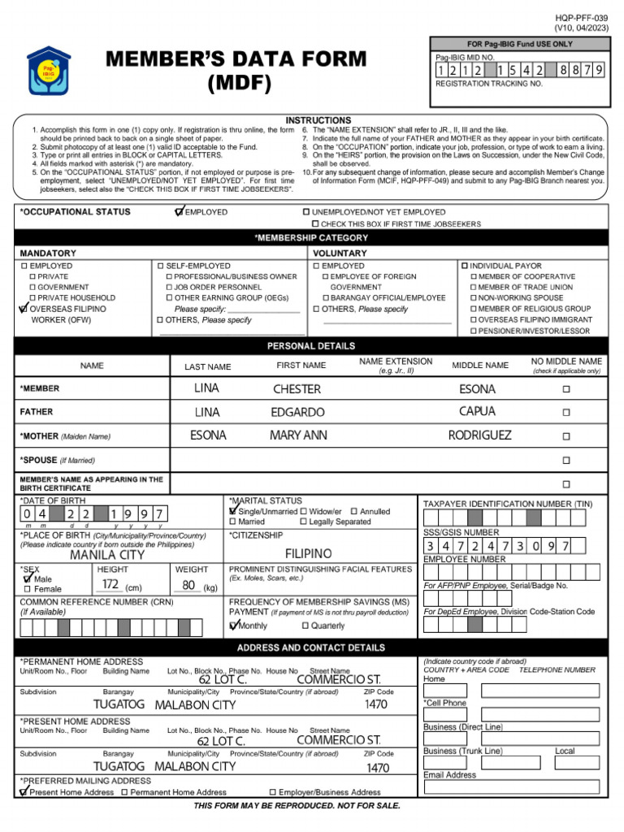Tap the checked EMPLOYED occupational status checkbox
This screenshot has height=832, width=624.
180,212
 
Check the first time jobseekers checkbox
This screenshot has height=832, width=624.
315,223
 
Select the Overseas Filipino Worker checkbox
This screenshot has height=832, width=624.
24,309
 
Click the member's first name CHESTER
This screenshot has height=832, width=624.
297,389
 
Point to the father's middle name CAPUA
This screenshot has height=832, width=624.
477,411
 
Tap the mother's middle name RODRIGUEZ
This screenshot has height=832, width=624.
479,435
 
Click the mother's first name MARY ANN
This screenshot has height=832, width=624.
298,435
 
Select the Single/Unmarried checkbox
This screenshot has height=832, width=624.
234,512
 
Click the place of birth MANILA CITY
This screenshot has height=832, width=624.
107,556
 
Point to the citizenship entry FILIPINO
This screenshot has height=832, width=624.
308,553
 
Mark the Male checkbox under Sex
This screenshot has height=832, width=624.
28,579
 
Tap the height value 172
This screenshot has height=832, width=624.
110,585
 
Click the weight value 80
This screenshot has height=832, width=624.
188,585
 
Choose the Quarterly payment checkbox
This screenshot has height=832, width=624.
305,626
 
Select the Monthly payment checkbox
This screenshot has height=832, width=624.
234,626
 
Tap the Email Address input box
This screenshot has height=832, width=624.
511,787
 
